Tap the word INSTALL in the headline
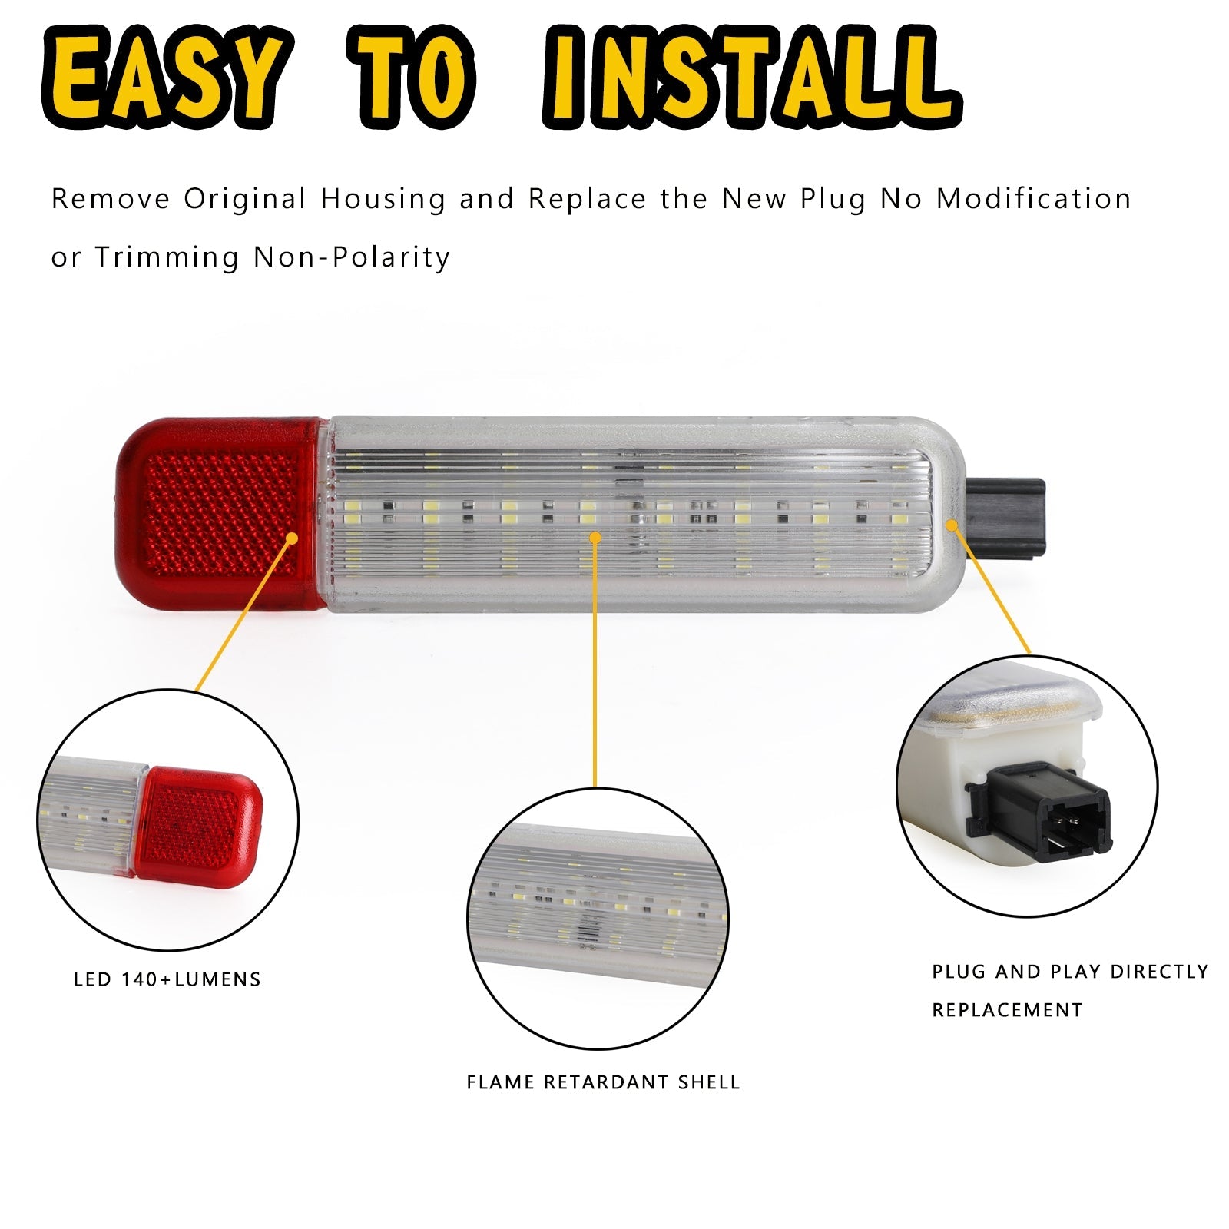pos(751,77)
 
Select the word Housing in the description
pos(383,200)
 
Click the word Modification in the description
pos(1033,199)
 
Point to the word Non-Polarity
pos(352,257)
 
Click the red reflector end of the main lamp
pos(218,513)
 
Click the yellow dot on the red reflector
pos(291,538)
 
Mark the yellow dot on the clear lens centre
pos(595,537)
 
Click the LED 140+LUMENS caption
pos(167,979)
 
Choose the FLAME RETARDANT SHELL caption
pos(603,1082)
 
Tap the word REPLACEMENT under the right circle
pos(1007,1009)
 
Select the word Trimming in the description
pos(167,257)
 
